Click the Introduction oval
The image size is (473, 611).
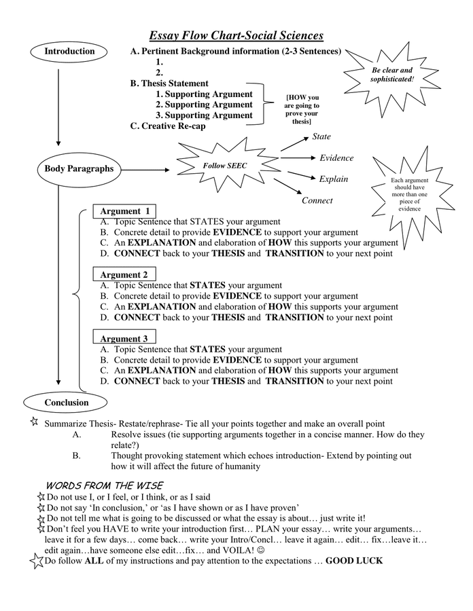69,52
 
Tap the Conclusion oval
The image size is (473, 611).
66,403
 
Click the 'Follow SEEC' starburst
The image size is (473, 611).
224,165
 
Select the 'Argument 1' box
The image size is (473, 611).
125,211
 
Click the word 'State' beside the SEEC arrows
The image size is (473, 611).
321,137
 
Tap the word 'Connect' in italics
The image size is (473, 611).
317,200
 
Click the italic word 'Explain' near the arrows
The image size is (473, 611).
334,179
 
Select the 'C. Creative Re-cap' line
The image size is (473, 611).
168,126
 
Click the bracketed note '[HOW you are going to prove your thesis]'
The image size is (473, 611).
301,109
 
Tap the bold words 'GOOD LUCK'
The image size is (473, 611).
354,561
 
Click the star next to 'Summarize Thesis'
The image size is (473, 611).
34,422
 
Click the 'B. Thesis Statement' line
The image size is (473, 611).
170,83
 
